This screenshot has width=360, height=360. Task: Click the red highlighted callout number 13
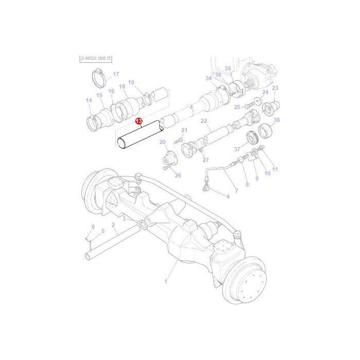pyautogui.click(x=138, y=121)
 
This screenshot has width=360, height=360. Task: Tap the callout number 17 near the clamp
pyautogui.click(x=116, y=74)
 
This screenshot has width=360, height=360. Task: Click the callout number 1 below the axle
pyautogui.click(x=166, y=281)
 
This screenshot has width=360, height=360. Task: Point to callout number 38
pyautogui.click(x=276, y=120)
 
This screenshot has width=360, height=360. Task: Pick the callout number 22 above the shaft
pyautogui.click(x=204, y=121)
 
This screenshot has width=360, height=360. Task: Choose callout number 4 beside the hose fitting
pyautogui.click(x=228, y=196)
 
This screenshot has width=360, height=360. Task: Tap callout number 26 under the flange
pyautogui.click(x=178, y=175)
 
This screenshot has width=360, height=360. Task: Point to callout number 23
pyautogui.click(x=275, y=88)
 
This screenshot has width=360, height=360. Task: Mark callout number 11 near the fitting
pyautogui.click(x=275, y=169)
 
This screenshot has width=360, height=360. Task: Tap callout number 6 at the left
pyautogui.click(x=93, y=227)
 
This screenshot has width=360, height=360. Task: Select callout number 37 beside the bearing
pyautogui.click(x=237, y=149)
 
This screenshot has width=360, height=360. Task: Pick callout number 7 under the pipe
pyautogui.click(x=236, y=191)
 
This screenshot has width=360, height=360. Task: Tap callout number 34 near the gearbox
pyautogui.click(x=208, y=79)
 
